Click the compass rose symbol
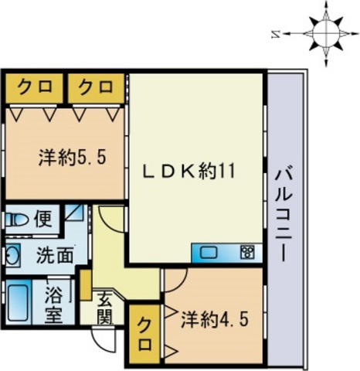point(324,33)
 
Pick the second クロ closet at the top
point(96,87)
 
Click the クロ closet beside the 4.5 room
point(144,333)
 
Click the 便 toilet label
point(43,220)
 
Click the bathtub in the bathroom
point(17,302)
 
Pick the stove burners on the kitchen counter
point(246,252)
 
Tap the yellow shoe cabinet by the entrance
point(85,279)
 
